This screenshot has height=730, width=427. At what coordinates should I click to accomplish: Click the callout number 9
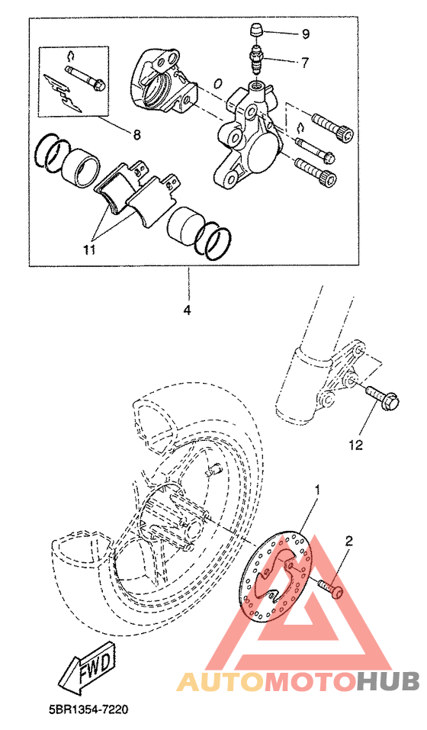[x=305, y=34]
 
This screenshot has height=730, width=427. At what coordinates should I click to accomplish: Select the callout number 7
[x=305, y=63]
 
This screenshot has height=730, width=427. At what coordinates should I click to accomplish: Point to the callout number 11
[x=89, y=249]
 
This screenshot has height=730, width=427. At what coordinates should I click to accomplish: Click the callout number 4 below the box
[x=187, y=310]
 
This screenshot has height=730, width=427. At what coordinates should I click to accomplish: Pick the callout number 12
[x=356, y=445]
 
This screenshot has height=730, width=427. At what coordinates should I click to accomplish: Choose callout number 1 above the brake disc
[x=318, y=490]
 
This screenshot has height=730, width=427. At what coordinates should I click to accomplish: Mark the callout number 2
[x=349, y=541]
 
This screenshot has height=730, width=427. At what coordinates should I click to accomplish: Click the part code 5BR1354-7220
[x=88, y=710]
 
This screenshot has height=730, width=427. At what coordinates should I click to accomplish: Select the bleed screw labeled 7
[x=256, y=59]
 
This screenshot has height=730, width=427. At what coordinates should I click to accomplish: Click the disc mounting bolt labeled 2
[x=331, y=587]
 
